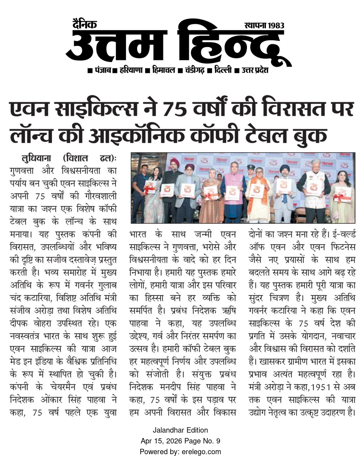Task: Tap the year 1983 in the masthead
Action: tap(275, 26)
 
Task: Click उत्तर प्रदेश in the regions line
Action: tap(255, 70)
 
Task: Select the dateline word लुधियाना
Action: tap(37, 158)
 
